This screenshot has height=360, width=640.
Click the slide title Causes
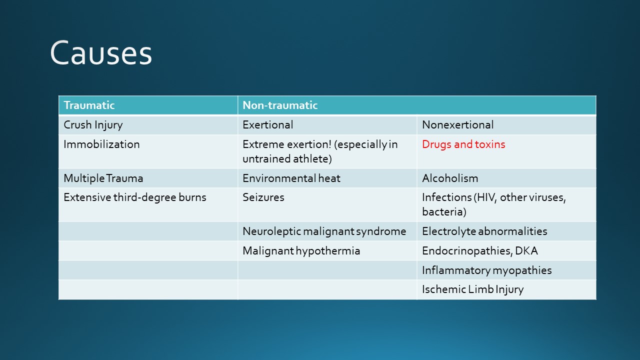pyautogui.click(x=101, y=53)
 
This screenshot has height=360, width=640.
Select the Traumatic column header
pyautogui.click(x=89, y=105)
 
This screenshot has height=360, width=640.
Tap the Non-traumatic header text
pyautogui.click(x=280, y=105)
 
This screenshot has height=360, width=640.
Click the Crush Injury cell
pyautogui.click(x=93, y=125)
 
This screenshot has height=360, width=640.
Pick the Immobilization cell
pyautogui.click(x=101, y=144)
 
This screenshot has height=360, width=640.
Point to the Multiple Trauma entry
pyautogui.click(x=103, y=178)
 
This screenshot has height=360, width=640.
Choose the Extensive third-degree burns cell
pyautogui.click(x=135, y=197)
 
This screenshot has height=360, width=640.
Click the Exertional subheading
pyautogui.click(x=267, y=125)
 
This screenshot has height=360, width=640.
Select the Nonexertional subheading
pyautogui.click(x=457, y=125)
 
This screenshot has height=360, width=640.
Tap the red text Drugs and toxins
pyautogui.click(x=463, y=144)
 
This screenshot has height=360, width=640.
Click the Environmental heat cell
pyautogui.click(x=291, y=178)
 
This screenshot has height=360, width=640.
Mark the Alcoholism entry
pyautogui.click(x=450, y=178)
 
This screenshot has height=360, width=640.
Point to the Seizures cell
pyautogui.click(x=263, y=197)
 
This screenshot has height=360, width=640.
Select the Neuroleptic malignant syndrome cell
pyautogui.click(x=324, y=231)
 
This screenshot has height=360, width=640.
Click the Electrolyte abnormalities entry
pyautogui.click(x=484, y=231)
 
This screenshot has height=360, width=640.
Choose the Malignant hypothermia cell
pyautogui.click(x=301, y=251)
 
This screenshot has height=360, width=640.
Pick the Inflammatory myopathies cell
pyautogui.click(x=487, y=270)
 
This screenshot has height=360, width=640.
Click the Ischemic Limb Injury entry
pyautogui.click(x=473, y=289)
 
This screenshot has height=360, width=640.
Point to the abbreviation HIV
pyautogui.click(x=486, y=197)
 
